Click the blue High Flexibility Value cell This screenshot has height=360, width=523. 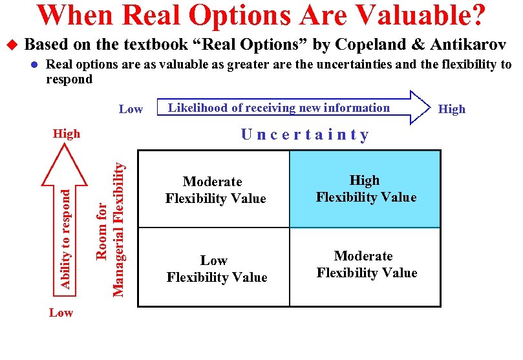pos(365,189)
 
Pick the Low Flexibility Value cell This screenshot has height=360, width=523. pos(216,269)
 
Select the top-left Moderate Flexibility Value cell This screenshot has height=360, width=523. pos(215,190)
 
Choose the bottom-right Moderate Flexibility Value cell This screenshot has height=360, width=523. pos(366,265)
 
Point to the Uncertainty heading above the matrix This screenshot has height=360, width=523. pos(304,134)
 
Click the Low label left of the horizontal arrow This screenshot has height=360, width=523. pos(131,109)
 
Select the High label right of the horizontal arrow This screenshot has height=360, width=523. pos(451,109)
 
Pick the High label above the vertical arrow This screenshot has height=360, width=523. pos(67,134)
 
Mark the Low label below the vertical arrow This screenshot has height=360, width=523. pos(61,313)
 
